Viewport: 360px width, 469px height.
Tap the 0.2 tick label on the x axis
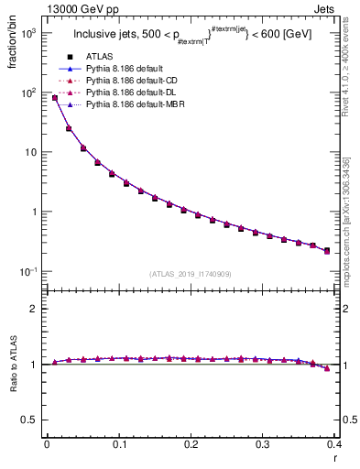point(190,446)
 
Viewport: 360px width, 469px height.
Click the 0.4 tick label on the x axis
point(333,446)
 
